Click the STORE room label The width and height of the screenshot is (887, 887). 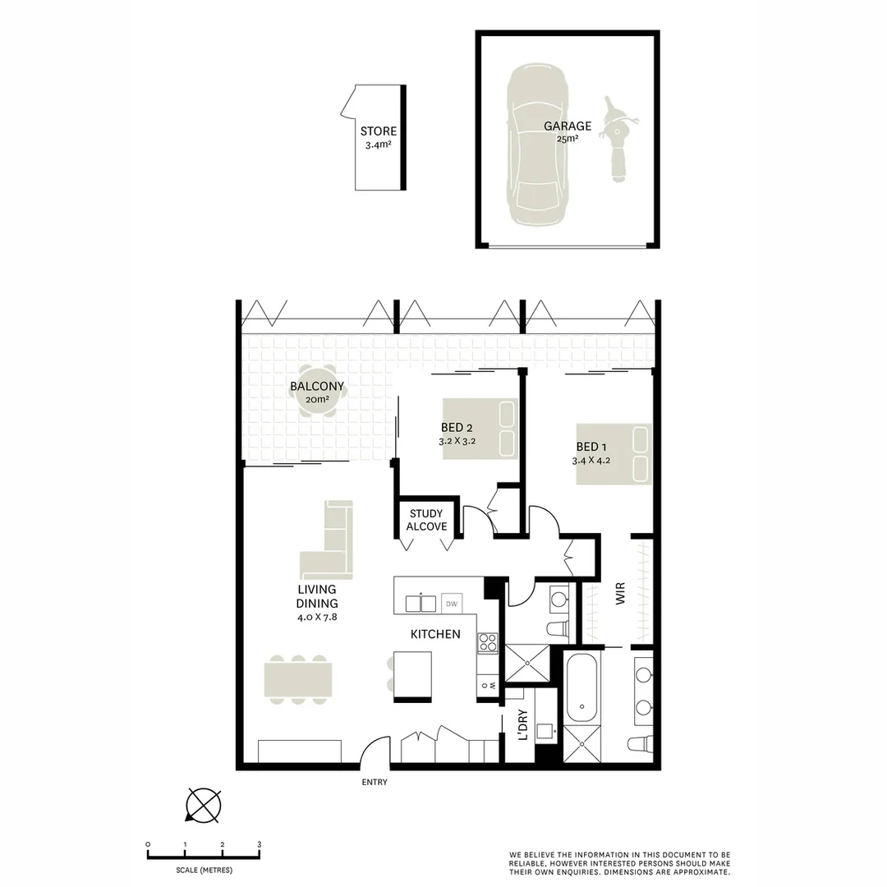[x=378, y=131]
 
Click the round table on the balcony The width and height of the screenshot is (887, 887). [x=317, y=391]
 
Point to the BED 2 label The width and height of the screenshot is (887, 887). [x=457, y=427]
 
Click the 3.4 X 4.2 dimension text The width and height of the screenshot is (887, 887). [x=592, y=460]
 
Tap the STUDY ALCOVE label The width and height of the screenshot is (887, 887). [x=426, y=520]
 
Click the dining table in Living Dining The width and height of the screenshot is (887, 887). [x=298, y=680]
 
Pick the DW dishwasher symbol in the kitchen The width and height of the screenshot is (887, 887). [x=451, y=604]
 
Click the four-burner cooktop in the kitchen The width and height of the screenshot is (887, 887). [x=488, y=641]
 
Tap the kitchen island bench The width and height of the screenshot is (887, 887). [x=412, y=675]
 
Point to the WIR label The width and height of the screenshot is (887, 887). [x=620, y=595]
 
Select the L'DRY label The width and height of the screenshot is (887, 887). [x=522, y=725]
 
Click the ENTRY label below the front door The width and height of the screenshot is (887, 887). [x=375, y=783]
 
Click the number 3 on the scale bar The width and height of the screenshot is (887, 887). [x=260, y=844]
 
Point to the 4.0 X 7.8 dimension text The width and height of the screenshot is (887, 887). [x=316, y=616]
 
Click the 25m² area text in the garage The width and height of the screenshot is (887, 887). [x=567, y=139]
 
